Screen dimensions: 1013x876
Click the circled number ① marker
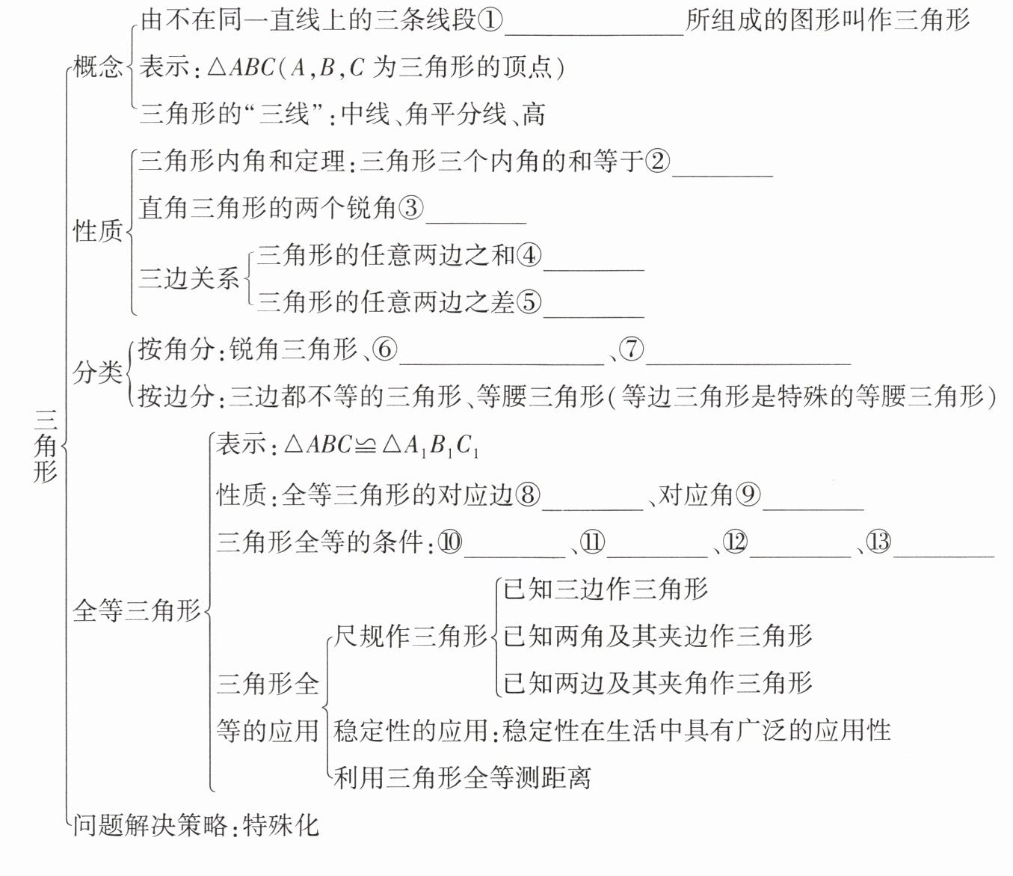point(490,20)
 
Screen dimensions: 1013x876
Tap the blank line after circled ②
point(722,174)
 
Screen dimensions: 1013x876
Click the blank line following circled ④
point(594,267)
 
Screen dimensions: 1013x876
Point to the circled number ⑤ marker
point(529,302)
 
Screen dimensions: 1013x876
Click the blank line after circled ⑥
point(502,362)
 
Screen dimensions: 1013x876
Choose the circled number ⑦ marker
point(632,349)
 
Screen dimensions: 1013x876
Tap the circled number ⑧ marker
point(528,494)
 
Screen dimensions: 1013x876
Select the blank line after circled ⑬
point(943,555)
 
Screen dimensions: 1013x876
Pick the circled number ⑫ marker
point(736,542)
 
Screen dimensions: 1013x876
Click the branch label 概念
point(98,67)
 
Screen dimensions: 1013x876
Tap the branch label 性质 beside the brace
point(97,231)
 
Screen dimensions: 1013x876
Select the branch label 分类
point(97,372)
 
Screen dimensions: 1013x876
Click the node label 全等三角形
point(137,611)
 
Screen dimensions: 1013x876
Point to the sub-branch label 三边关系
point(189,278)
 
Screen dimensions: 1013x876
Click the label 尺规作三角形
point(410,637)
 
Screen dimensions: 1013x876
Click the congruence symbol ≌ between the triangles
point(366,447)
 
